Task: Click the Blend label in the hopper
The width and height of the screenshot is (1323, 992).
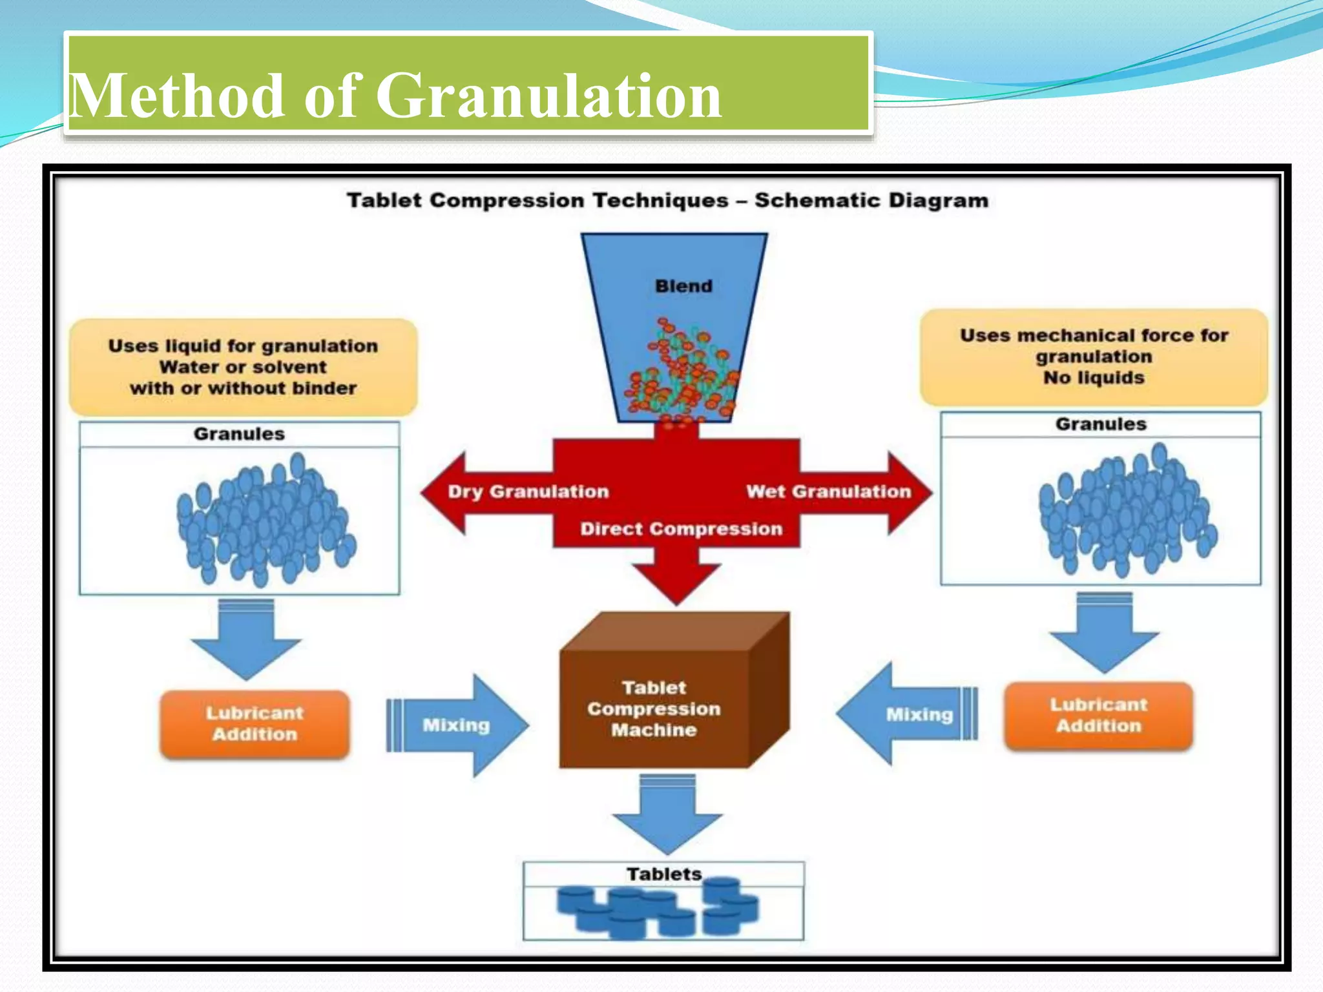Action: click(x=683, y=286)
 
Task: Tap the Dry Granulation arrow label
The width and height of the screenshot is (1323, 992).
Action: click(x=528, y=492)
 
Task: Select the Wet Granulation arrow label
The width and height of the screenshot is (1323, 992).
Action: click(x=828, y=492)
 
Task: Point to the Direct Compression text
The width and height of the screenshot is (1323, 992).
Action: click(x=681, y=529)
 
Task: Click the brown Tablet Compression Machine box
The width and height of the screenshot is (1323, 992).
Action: click(x=654, y=708)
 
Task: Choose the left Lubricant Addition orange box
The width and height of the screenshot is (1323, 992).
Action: click(x=255, y=723)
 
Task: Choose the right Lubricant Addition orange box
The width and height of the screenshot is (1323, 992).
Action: click(x=1098, y=715)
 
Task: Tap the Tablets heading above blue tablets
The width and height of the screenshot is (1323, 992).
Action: click(x=663, y=874)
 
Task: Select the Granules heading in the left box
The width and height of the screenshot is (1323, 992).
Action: click(x=239, y=434)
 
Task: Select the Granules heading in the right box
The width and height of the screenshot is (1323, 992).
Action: click(x=1100, y=424)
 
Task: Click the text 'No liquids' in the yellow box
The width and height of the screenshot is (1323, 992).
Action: click(x=1093, y=378)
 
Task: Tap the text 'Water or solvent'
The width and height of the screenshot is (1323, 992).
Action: click(x=243, y=367)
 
